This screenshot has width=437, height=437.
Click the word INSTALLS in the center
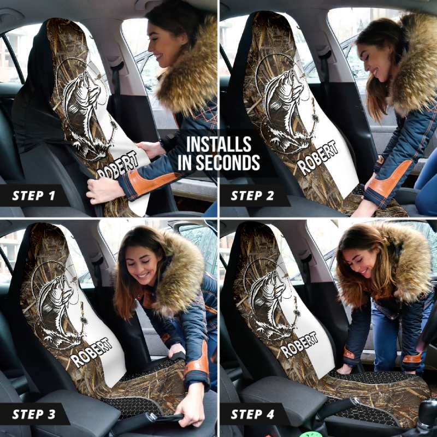click(x=218, y=145)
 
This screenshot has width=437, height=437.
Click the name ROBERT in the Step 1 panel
click(x=117, y=166)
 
